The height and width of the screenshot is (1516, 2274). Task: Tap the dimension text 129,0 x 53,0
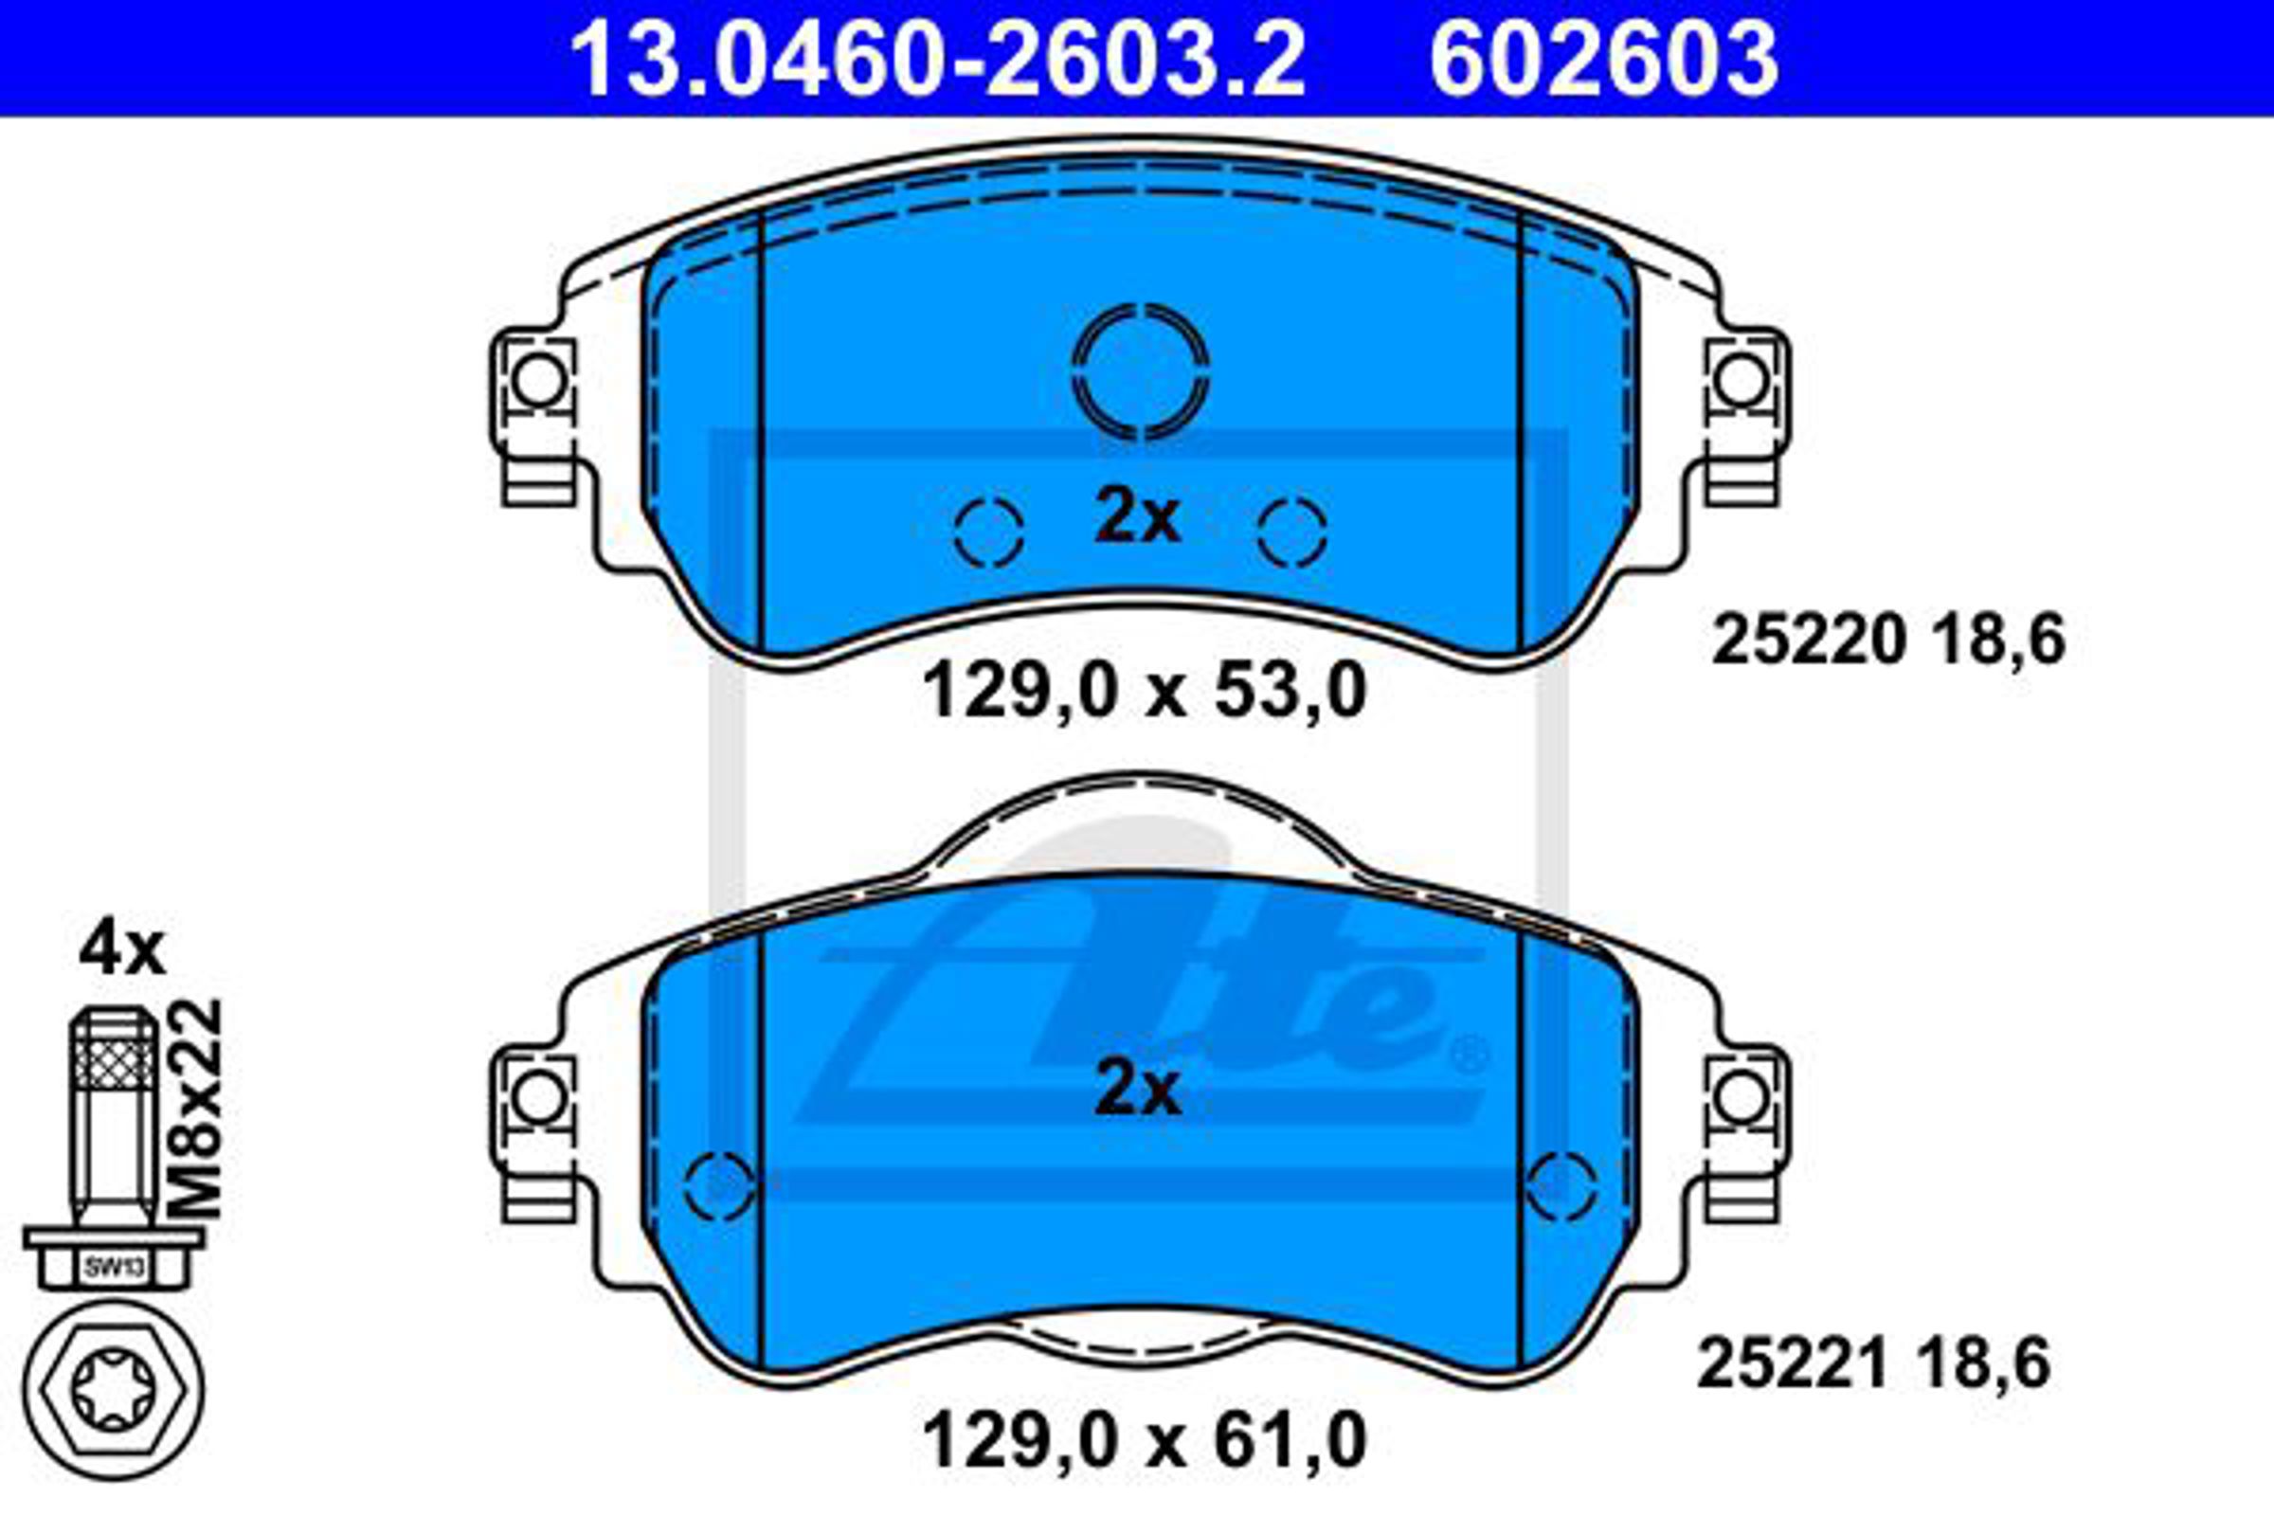point(1145,691)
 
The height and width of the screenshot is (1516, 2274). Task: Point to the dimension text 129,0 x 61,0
point(1145,1440)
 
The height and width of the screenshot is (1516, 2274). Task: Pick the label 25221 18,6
point(1874,1364)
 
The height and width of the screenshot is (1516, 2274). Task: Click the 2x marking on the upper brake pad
point(1137,519)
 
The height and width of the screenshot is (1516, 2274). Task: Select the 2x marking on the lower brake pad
point(1137,1092)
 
